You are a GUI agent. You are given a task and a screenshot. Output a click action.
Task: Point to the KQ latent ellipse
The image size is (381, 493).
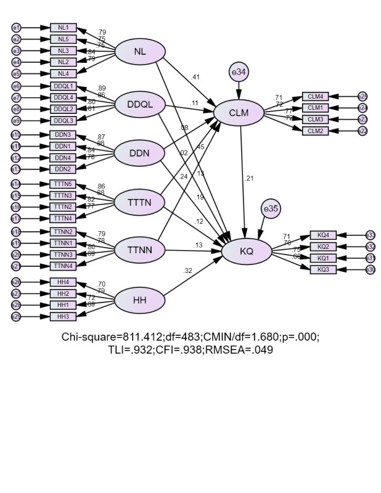click(247, 251)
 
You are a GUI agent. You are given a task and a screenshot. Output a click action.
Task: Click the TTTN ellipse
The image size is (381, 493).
click(140, 202)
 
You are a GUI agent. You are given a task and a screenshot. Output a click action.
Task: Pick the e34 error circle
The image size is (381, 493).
click(239, 73)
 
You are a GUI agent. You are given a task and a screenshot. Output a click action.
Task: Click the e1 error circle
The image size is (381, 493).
click(17, 28)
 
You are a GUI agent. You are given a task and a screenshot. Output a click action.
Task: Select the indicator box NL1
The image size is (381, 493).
click(63, 28)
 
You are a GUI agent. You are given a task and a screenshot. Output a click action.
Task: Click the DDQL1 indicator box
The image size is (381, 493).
click(63, 86)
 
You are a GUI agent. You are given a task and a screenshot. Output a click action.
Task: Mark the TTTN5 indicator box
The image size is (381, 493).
click(63, 184)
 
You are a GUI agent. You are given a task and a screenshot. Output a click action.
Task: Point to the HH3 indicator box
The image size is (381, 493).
click(63, 317)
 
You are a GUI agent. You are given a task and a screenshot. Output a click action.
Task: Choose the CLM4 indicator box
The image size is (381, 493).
click(315, 96)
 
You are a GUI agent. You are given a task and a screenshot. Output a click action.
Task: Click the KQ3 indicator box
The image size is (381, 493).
click(323, 269)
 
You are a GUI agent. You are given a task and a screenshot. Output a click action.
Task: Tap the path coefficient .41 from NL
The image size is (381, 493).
click(195, 77)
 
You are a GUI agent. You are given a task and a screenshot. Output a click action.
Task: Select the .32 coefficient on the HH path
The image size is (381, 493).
click(187, 270)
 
